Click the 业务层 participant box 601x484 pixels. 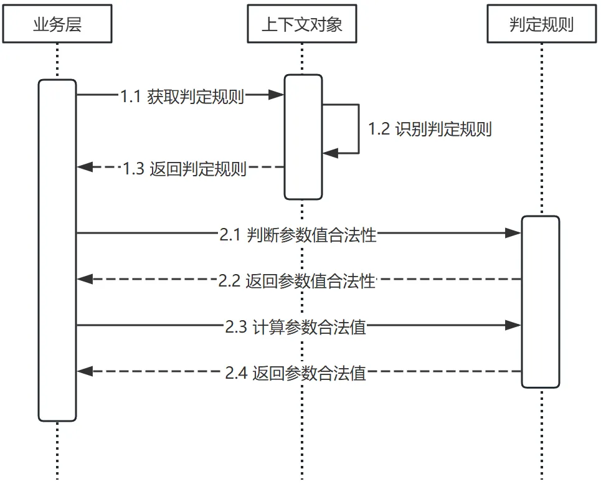click(57, 24)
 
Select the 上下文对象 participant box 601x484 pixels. click(302, 24)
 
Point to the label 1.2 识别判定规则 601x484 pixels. click(430, 129)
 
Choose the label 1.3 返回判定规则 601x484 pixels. click(184, 168)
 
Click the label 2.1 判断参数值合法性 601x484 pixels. click(298, 234)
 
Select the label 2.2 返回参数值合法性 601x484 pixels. click(297, 280)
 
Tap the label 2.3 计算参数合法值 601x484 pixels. click(296, 326)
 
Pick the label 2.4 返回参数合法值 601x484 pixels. click(296, 372)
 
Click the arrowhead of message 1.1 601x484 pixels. click(277, 95)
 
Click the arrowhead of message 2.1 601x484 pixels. click(513, 233)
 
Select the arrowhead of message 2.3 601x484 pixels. click(513, 325)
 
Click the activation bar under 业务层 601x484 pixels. click(57, 250)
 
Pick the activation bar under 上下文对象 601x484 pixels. click(303, 136)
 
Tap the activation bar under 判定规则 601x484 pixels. click(541, 301)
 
